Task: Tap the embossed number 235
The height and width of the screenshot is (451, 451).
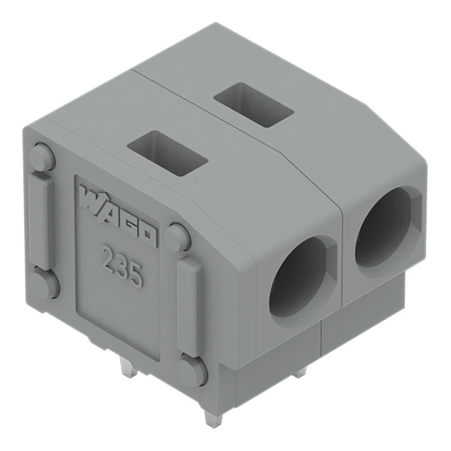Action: (122, 266)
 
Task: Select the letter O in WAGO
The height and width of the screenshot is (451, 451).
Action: (148, 236)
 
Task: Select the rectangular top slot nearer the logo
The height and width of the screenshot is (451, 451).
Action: (166, 153)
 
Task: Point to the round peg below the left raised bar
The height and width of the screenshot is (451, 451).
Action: (44, 284)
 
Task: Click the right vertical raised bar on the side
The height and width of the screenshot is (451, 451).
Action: (190, 304)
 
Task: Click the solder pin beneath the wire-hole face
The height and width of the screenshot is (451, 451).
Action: (301, 372)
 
